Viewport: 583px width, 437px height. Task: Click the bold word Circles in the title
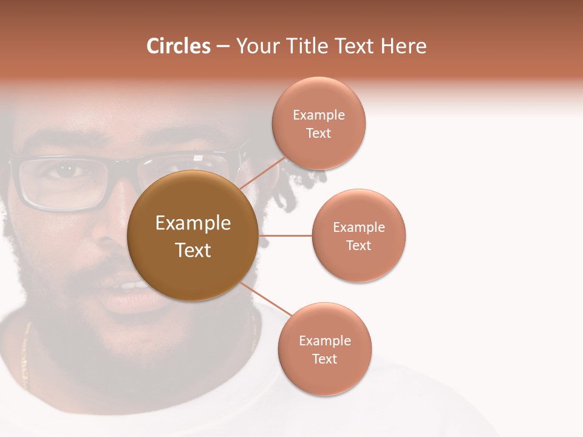179,46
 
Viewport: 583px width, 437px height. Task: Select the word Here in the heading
403,46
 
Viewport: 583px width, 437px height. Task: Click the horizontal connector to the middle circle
285,235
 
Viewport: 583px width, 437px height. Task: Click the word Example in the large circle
193,223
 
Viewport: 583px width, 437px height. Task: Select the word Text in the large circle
193,250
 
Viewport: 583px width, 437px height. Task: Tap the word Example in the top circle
319,115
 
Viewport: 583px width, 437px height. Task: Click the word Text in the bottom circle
324,359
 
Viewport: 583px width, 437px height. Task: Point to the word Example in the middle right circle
359,228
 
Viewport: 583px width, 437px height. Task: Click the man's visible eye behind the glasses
67,172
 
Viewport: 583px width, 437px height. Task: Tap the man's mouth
124,288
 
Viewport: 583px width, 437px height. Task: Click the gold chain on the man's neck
26,352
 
